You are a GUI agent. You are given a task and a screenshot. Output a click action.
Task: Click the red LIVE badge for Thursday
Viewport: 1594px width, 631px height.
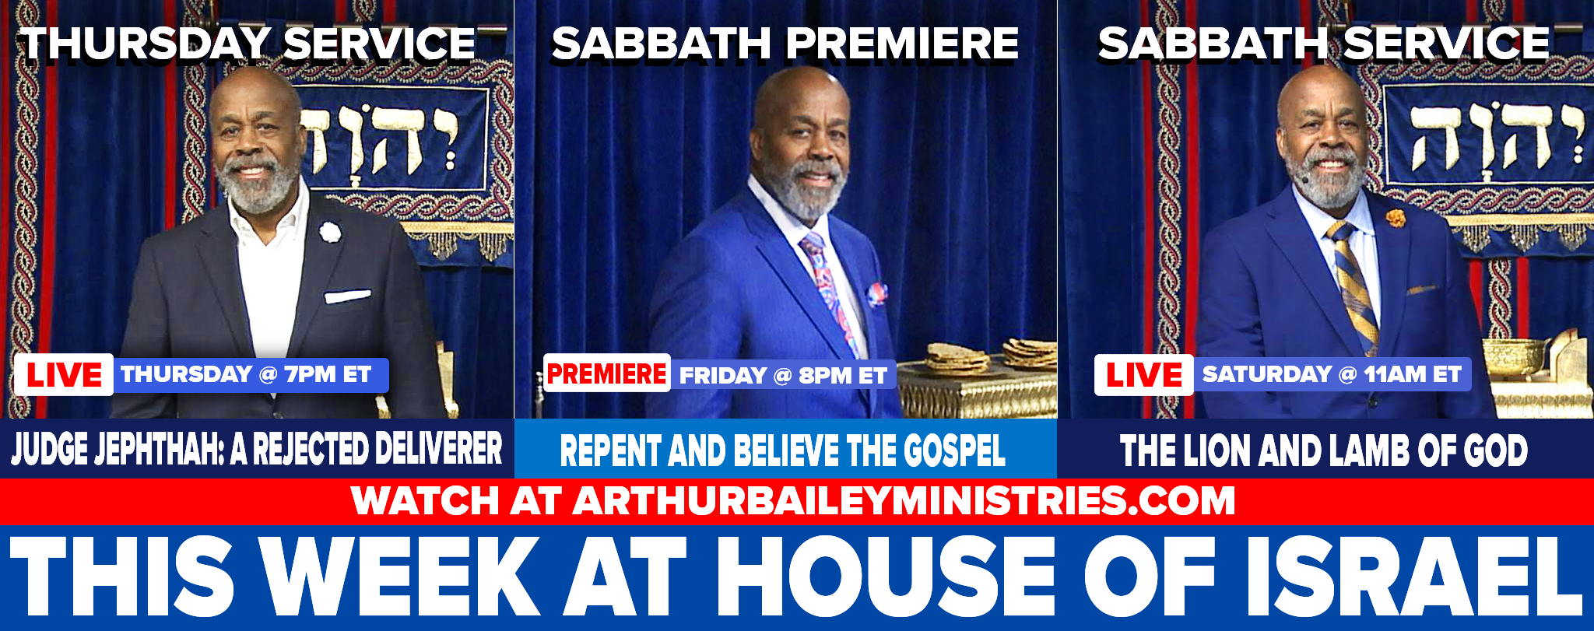point(64,375)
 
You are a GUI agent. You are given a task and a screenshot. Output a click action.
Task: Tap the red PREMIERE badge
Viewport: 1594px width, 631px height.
point(606,373)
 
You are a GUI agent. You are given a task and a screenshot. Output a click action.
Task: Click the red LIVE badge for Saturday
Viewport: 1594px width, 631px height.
point(1143,375)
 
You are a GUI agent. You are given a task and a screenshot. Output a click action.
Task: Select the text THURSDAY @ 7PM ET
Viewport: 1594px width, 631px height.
point(246,374)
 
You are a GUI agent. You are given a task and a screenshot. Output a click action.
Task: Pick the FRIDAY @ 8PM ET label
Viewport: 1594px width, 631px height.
point(783,376)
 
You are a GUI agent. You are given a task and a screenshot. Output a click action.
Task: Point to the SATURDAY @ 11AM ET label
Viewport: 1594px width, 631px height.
point(1332,374)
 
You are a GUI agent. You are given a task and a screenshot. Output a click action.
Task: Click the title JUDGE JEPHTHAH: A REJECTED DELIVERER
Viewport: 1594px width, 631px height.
point(257,450)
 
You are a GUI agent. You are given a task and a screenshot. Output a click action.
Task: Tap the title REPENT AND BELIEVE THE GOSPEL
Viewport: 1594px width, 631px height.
point(783,451)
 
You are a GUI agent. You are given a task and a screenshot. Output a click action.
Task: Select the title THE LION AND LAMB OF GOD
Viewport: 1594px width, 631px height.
point(1323,450)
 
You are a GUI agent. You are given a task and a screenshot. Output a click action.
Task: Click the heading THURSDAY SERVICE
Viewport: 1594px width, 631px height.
point(248,44)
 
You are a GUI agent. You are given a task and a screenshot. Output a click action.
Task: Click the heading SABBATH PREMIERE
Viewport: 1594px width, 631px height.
point(785,44)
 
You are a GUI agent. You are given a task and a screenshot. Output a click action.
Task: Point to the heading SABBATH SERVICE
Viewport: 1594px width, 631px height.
point(1323,44)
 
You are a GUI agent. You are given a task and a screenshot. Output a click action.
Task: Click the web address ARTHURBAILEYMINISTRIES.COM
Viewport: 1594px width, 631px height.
point(904,500)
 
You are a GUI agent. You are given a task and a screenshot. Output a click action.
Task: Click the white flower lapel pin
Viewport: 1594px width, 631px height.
point(329,231)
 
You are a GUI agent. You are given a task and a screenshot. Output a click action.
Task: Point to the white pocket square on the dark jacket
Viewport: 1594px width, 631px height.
point(347,296)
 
